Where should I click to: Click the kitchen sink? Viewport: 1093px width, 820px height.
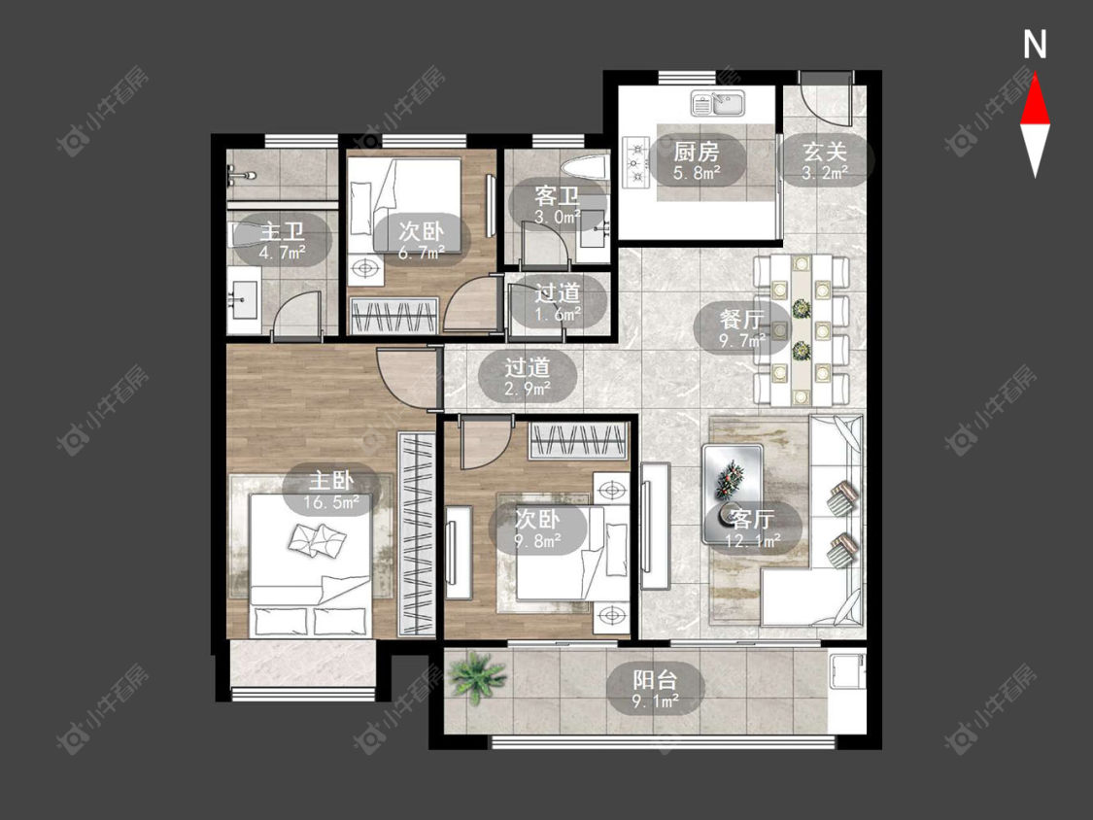pyautogui.click(x=718, y=104)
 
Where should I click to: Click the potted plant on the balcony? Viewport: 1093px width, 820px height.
pyautogui.click(x=477, y=675)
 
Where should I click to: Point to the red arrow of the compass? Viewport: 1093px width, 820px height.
pyautogui.click(x=1035, y=99)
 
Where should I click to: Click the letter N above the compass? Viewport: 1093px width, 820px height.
pyautogui.click(x=1035, y=45)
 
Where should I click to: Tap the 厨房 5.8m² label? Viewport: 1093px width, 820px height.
pyautogui.click(x=696, y=161)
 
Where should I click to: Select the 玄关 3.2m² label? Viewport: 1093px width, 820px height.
pyautogui.click(x=825, y=161)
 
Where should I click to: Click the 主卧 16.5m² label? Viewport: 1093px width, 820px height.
pyautogui.click(x=331, y=491)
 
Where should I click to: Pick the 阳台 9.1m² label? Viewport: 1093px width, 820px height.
pyautogui.click(x=655, y=690)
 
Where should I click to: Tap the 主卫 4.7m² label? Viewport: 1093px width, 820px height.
pyautogui.click(x=283, y=241)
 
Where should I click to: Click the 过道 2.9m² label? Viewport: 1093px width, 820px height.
pyautogui.click(x=528, y=377)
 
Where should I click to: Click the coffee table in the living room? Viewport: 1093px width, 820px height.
pyautogui.click(x=733, y=493)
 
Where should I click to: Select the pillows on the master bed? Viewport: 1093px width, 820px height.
pyautogui.click(x=318, y=537)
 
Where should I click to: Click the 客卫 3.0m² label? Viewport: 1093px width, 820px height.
pyautogui.click(x=558, y=205)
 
